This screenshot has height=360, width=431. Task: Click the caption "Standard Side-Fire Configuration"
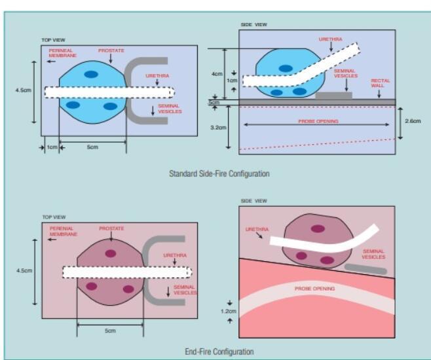tap(219, 174)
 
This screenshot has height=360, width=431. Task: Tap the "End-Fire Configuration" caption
tap(219, 351)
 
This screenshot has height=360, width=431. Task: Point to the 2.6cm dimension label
tap(413, 122)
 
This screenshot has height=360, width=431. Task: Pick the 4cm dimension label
tap(217, 74)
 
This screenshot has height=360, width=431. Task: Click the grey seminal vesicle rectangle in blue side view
tap(333, 96)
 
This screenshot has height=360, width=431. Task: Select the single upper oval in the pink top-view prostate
tap(110, 253)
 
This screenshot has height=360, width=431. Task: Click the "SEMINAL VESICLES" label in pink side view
tap(373, 255)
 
